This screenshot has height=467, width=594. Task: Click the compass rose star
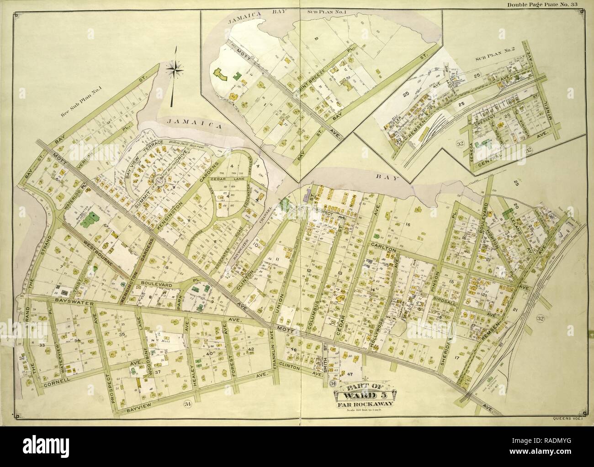(x=175, y=69)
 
